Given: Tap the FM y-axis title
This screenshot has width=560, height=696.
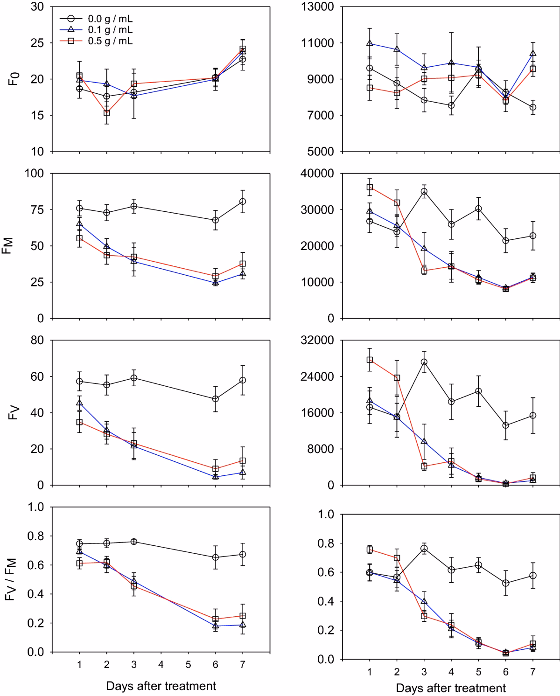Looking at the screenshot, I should tap(8, 246).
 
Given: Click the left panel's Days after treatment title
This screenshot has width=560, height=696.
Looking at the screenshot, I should tap(161, 686).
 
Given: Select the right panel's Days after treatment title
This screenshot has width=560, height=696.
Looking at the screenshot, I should tap(451, 688).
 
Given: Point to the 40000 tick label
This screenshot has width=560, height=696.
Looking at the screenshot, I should tap(317, 174).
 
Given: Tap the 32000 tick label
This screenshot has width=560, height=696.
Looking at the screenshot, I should tap(317, 341).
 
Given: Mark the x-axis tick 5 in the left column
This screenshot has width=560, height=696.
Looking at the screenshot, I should tap(188, 664).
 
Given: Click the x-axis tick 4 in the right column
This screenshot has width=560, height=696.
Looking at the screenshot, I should tap(451, 672).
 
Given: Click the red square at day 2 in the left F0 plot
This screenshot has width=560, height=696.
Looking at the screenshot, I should tap(107, 113).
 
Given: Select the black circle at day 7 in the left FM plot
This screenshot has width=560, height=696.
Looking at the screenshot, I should tap(243, 202).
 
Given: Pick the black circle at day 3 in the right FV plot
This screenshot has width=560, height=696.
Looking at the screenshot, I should tap(424, 362).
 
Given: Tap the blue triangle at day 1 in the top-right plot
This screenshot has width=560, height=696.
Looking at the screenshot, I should tap(370, 43).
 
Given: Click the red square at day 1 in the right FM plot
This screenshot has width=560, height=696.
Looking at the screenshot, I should tap(370, 188).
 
